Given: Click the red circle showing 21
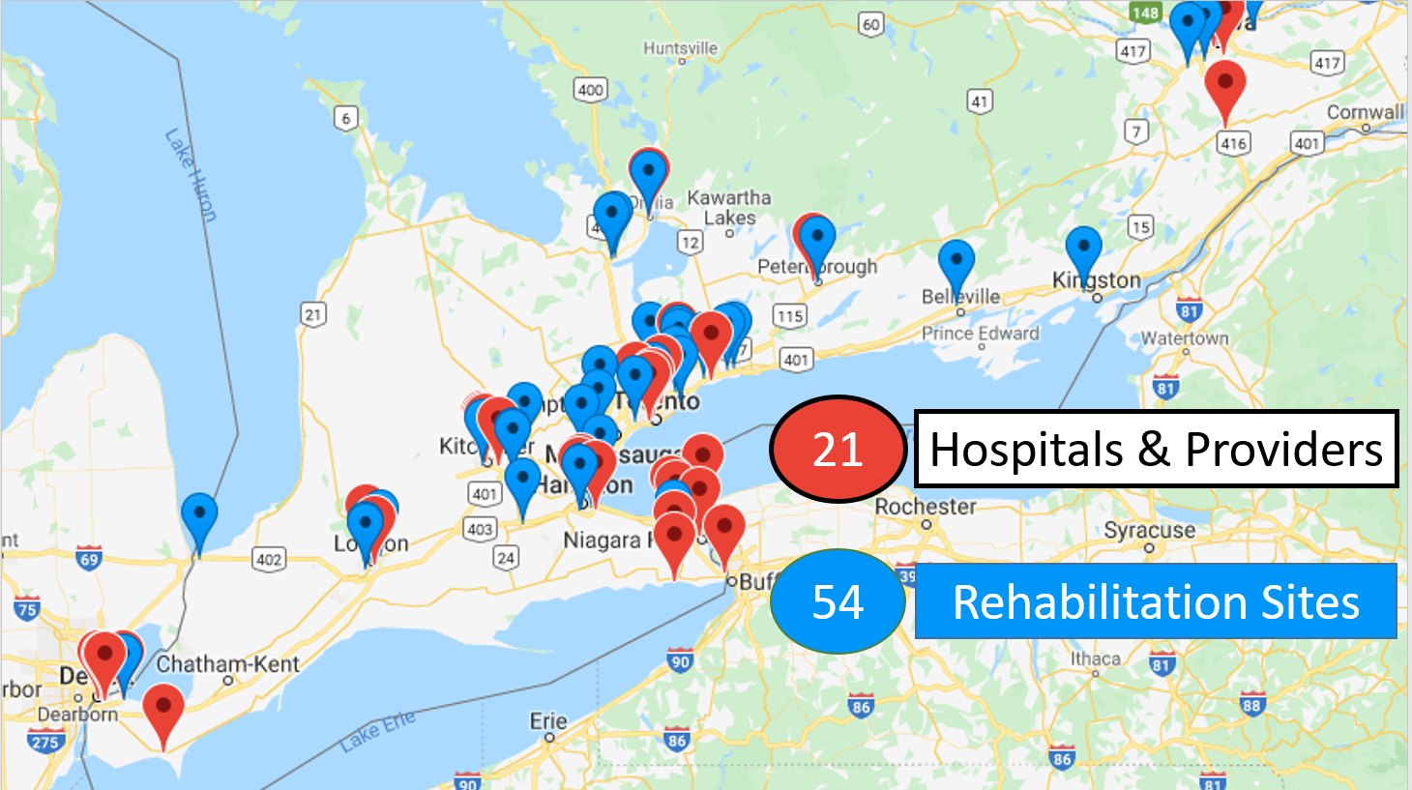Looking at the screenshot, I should tap(838, 450).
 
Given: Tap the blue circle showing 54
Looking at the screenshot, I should tap(838, 601).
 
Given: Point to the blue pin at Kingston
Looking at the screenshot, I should tap(1083, 249).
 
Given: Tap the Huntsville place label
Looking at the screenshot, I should tap(681, 48).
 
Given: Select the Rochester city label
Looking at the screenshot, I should tap(926, 507).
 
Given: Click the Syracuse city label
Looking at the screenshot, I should tap(1149, 530).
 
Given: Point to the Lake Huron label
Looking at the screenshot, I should tap(191, 174).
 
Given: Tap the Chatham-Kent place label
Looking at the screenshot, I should tap(228, 664).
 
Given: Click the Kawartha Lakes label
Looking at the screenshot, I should tap(729, 207).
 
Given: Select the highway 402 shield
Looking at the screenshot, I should tap(269, 559).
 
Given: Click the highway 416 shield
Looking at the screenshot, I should tap(1233, 144).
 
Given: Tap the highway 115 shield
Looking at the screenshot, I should tap(790, 315).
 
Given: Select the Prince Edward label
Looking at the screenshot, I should tap(981, 334).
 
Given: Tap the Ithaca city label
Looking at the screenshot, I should tap(1095, 658).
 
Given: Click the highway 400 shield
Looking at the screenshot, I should tap(590, 90).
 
